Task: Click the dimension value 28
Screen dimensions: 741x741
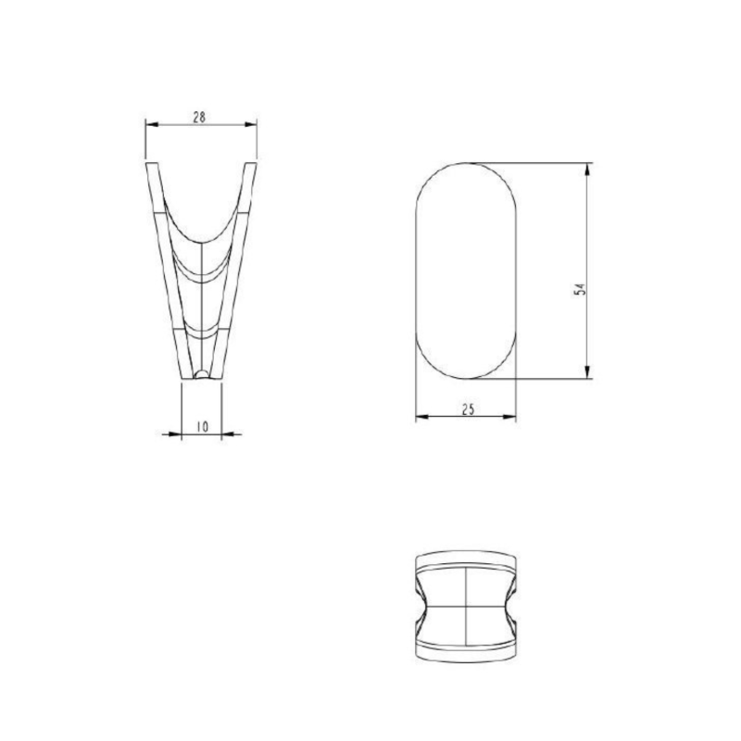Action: [x=199, y=117]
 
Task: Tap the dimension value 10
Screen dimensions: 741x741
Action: [x=202, y=426]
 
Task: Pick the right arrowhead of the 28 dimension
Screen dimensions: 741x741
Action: [x=252, y=124]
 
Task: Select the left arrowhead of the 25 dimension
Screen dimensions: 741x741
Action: [x=421, y=418]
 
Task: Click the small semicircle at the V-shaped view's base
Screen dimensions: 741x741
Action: [x=202, y=374]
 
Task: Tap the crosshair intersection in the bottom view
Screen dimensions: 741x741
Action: [x=464, y=605]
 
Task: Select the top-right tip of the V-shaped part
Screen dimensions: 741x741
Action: [x=252, y=165]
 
